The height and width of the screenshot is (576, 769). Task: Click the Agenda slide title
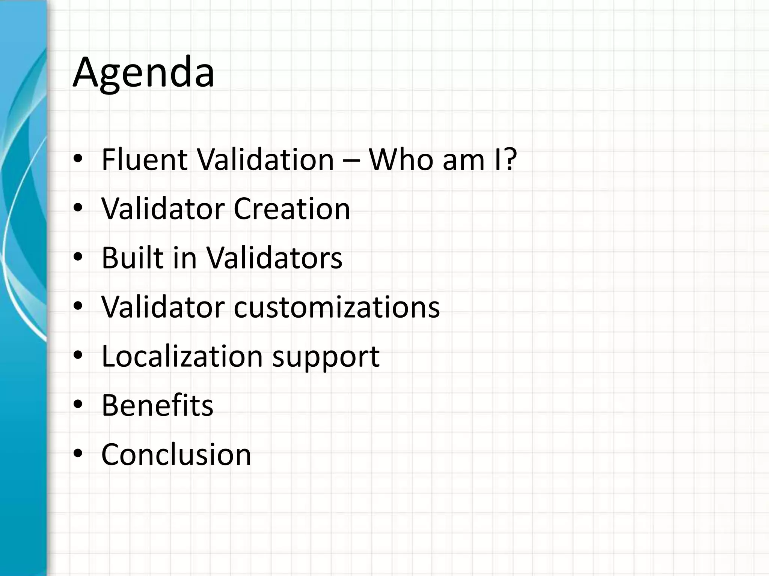tap(143, 73)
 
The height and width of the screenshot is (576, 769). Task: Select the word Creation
tap(292, 209)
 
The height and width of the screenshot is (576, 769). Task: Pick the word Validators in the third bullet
tap(274, 258)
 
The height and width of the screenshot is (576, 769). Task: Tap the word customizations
tap(337, 307)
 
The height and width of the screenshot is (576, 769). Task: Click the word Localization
tap(182, 356)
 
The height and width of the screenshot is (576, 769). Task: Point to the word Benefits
tap(157, 405)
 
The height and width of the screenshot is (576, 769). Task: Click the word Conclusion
tap(176, 454)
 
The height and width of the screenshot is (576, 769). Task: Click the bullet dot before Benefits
tap(78, 405)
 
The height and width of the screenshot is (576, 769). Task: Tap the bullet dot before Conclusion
tap(78, 454)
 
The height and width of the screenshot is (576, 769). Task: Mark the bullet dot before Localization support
tap(78, 356)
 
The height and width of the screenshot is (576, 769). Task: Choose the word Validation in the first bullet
tap(265, 160)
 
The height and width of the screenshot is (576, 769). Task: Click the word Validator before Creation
tap(163, 209)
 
